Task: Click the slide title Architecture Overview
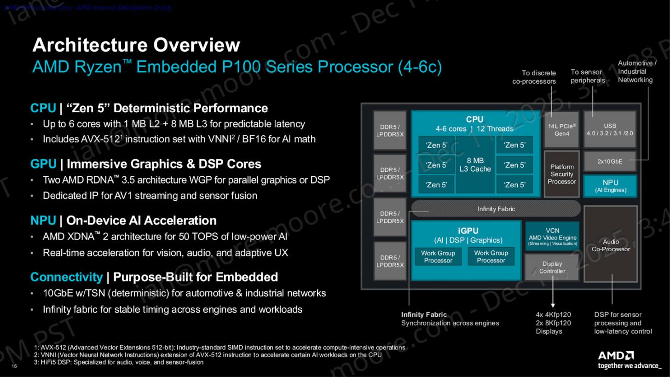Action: point(136,45)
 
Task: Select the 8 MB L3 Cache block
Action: point(475,165)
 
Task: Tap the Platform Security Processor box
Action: point(561,174)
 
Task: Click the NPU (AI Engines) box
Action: point(610,185)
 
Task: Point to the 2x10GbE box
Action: point(610,162)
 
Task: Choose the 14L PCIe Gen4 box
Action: point(562,129)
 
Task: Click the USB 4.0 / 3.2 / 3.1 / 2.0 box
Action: point(610,129)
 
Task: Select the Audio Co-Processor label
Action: point(611,245)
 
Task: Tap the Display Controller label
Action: point(552,267)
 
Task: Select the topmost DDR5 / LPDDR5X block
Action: point(389,130)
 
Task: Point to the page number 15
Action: point(15,366)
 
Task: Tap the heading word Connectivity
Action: point(66,277)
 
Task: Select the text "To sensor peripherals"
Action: point(588,76)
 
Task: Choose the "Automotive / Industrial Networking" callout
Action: point(635,71)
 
